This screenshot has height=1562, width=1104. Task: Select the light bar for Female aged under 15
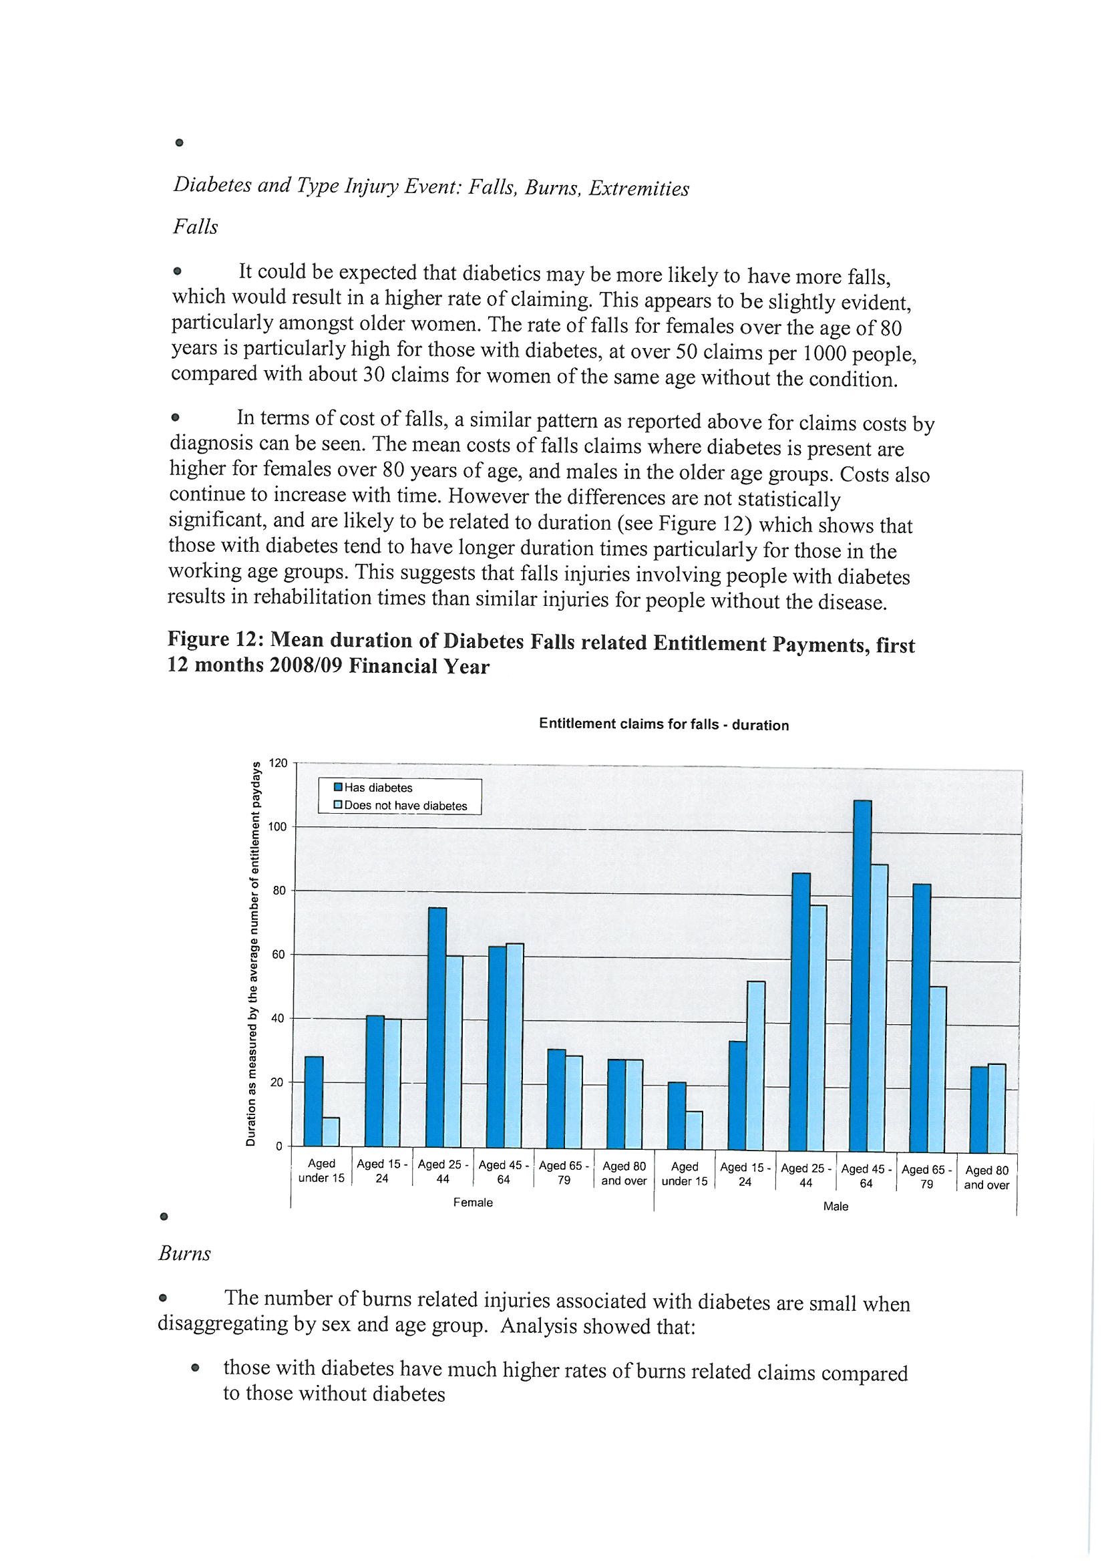[x=331, y=1132]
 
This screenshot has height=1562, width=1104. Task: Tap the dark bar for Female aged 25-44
[x=437, y=1028]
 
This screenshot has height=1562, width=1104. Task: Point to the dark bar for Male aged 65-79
[x=922, y=1018]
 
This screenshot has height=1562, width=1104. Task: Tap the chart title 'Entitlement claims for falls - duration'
[x=663, y=724]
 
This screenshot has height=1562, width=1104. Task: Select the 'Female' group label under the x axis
[x=473, y=1203]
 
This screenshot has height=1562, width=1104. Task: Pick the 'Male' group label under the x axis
[x=836, y=1207]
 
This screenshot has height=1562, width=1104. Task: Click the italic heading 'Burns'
[x=184, y=1254]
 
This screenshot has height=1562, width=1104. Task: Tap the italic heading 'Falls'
[x=195, y=226]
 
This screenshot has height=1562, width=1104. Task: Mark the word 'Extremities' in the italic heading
[x=638, y=188]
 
